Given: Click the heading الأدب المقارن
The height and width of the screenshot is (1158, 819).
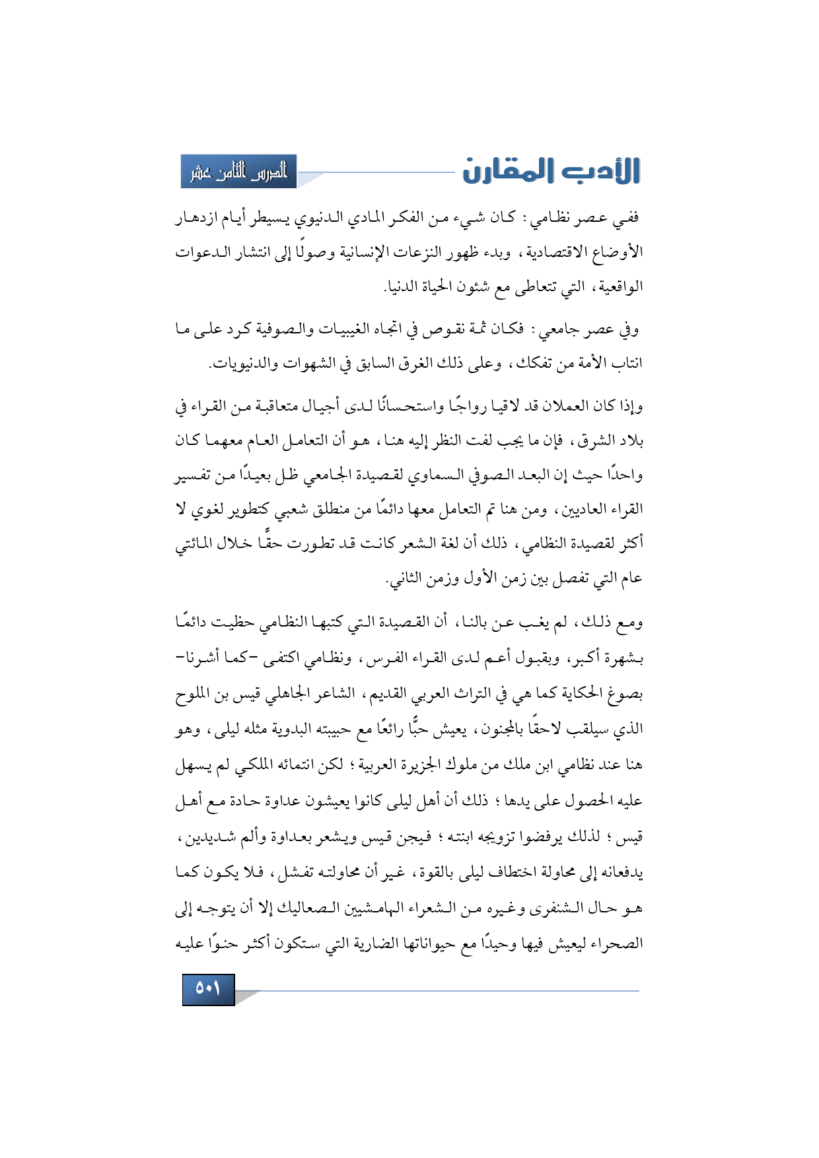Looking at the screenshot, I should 551,171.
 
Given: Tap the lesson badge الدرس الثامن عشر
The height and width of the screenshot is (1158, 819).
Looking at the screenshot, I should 238,172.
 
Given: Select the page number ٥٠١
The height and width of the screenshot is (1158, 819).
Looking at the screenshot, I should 208,989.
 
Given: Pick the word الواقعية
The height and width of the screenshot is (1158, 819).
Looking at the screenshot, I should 617,287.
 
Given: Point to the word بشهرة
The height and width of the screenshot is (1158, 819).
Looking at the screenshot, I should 620,658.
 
